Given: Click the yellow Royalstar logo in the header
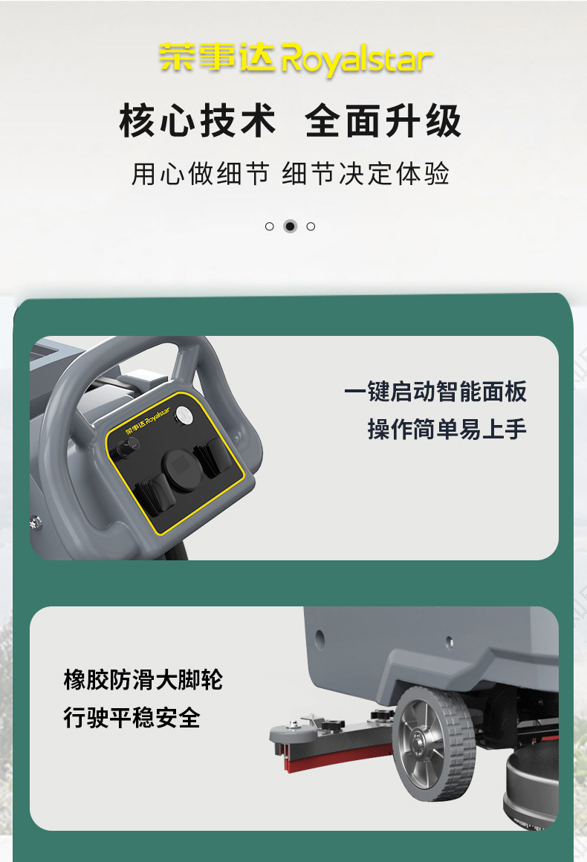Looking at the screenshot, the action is pos(296,59).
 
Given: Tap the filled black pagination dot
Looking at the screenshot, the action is pos(291,227).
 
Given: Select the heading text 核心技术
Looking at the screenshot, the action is pos(198,120).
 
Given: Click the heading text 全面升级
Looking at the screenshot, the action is pos(383,120).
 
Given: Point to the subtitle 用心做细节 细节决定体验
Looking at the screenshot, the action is pos(291,174).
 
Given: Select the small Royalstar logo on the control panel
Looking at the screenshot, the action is pos(148,421).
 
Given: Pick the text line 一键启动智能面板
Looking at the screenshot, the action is pos(435,392).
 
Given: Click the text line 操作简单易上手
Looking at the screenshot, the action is pos(447,429).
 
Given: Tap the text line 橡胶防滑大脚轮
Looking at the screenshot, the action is pos(143,679).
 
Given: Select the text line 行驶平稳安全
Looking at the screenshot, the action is pos(132,717).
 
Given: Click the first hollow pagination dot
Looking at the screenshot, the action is pos(269,227).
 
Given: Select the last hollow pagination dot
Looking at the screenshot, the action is pos(311,227).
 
